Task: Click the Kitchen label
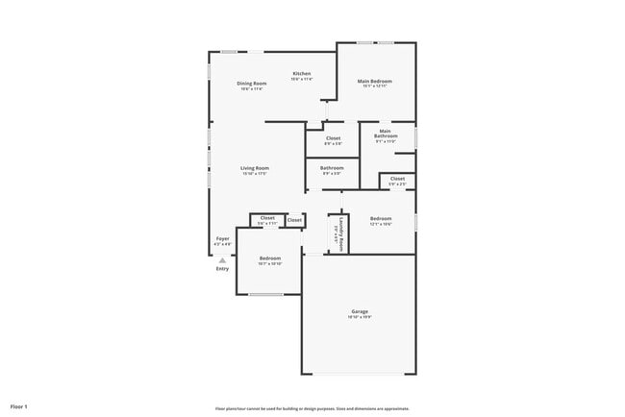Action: coord(302,74)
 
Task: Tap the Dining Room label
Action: coord(251,84)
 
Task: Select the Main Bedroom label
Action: coord(375,82)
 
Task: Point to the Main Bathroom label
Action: coord(385,134)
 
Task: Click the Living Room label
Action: coord(255,168)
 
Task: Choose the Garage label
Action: coord(360,311)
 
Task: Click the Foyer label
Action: coord(222,238)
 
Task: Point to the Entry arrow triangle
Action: coord(222,259)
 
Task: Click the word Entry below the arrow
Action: coord(222,269)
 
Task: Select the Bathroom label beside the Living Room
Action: coord(332,168)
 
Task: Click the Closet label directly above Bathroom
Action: coord(333,138)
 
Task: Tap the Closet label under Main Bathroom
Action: coord(397,178)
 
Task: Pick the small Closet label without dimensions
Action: coord(294,220)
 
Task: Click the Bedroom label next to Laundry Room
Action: coord(381,219)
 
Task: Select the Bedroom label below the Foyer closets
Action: coord(269,258)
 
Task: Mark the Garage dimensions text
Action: coord(360,317)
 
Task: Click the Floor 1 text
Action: coord(19,407)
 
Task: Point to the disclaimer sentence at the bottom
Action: coord(312,408)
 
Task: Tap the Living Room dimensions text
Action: coord(255,174)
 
